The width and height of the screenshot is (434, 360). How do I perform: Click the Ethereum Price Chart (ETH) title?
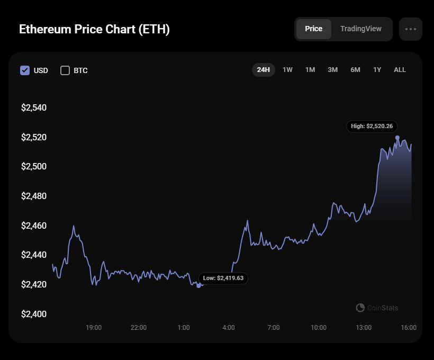pos(94,29)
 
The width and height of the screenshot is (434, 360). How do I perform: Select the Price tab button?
pos(313,29)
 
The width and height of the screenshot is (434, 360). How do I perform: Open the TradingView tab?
pos(360,29)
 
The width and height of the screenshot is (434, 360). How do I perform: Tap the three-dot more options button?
pos(411,29)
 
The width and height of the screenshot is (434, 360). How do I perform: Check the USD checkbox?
pos(25,70)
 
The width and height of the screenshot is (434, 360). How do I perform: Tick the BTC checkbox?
pos(65,70)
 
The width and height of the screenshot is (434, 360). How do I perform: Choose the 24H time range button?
pos(264,70)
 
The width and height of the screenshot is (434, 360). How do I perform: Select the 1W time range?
pos(287,70)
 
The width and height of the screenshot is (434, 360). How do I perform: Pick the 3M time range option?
pos(332,70)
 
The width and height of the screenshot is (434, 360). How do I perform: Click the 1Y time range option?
pos(377,70)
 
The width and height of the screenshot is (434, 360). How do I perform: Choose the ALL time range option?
pos(400,70)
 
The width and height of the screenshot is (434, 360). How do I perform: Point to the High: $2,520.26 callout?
pos(372,127)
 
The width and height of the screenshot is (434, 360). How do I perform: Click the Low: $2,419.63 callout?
pos(223,278)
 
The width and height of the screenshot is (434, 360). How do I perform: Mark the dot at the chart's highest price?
pos(397,138)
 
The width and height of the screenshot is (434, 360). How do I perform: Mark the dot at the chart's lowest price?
pos(198,286)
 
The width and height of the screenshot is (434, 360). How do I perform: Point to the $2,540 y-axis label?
pos(34,108)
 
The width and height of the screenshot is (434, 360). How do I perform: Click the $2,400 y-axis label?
pos(34,314)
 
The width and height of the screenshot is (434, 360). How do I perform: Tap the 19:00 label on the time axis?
pos(94,328)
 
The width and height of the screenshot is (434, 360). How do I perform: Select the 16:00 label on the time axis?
pos(409,328)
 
